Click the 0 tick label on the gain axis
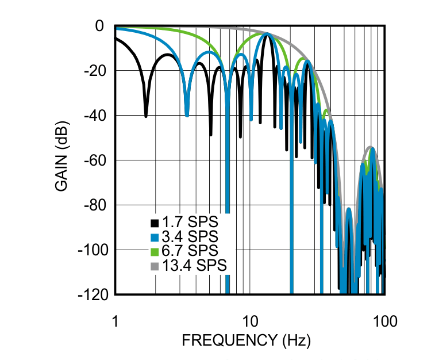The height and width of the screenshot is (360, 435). (x=98, y=26)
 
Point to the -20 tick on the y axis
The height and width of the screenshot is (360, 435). (x=94, y=71)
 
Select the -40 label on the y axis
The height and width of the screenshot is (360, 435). (x=94, y=116)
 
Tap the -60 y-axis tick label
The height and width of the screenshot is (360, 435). (x=94, y=160)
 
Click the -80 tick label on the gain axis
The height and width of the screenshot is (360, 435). (x=94, y=205)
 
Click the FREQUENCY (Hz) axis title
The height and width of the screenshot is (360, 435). (x=247, y=341)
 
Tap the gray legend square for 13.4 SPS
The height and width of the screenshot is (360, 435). (x=154, y=266)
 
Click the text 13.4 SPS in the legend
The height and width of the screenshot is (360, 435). (x=194, y=266)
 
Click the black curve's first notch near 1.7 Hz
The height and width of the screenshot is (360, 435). (x=145, y=115)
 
